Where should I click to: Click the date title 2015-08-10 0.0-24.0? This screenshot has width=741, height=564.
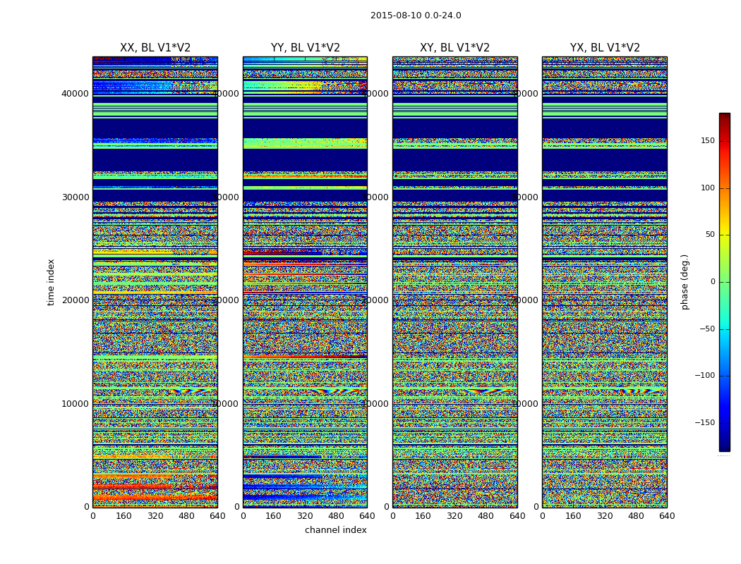pos(416,16)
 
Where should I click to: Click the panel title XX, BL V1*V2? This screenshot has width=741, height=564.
pos(155,48)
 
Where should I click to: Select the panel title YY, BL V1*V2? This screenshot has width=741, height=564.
pos(305,48)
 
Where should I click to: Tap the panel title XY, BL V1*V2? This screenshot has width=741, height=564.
pos(454,48)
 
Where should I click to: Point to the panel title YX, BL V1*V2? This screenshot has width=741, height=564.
pos(605,48)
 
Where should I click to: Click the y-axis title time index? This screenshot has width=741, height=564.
pos(51,281)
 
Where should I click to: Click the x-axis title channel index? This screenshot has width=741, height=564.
pos(336,530)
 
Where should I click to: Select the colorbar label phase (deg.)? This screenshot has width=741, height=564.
pos(685,281)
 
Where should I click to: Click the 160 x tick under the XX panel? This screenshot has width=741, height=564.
pos(123,516)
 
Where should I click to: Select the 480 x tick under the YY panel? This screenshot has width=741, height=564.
pos(336,516)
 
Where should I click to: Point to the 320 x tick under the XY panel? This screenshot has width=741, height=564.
pos(454,516)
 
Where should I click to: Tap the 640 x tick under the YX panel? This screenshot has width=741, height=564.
pos(667,516)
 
